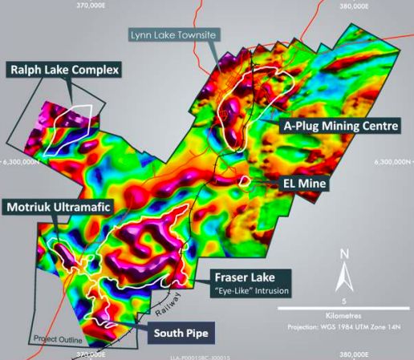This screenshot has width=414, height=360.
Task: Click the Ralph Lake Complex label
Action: [64, 71]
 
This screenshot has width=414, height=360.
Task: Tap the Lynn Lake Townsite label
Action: [173, 34]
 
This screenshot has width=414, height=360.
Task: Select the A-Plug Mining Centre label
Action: [339, 126]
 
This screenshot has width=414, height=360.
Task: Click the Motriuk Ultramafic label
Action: [59, 208]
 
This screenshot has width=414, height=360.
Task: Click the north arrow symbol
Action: [343, 277]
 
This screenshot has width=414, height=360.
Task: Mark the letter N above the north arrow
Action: [343, 255]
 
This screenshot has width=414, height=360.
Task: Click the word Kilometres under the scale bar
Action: [343, 317]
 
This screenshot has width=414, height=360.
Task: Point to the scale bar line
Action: [343, 309]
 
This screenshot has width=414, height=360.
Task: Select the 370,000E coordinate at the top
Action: [91, 5]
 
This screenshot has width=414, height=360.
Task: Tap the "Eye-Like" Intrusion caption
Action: [250, 289]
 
